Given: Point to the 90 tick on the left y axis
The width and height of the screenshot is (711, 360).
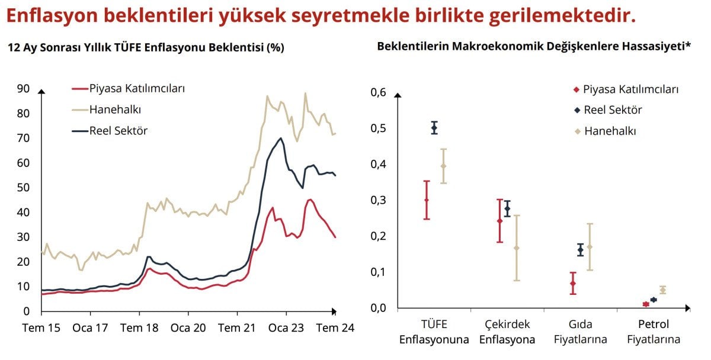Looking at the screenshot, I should [x=23, y=89].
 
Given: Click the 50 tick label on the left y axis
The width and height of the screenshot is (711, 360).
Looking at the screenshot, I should [x=23, y=188].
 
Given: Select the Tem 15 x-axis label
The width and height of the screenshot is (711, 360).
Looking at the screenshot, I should [x=42, y=328].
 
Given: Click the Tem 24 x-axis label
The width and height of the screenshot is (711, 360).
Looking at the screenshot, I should [x=335, y=328].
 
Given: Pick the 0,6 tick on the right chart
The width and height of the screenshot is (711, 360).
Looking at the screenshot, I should [x=378, y=92].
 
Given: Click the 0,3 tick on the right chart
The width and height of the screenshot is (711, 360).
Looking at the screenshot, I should [x=378, y=200].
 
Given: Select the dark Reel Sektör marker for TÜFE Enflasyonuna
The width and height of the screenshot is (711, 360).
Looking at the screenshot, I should [x=434, y=127].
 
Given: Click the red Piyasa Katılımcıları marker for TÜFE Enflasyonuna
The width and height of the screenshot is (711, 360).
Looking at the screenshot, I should [x=427, y=200].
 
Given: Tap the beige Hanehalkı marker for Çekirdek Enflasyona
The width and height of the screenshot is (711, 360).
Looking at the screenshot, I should [x=517, y=247].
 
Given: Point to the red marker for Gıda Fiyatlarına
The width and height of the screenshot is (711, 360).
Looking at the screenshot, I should [x=573, y=284].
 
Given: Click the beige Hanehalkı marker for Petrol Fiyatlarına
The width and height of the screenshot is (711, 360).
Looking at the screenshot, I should [x=662, y=290].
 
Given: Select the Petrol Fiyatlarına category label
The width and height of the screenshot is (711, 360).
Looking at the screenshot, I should [x=654, y=332].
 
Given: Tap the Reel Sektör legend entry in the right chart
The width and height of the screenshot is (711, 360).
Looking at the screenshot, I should [x=613, y=110].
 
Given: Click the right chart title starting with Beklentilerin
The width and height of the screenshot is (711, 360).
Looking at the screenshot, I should [x=534, y=47].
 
